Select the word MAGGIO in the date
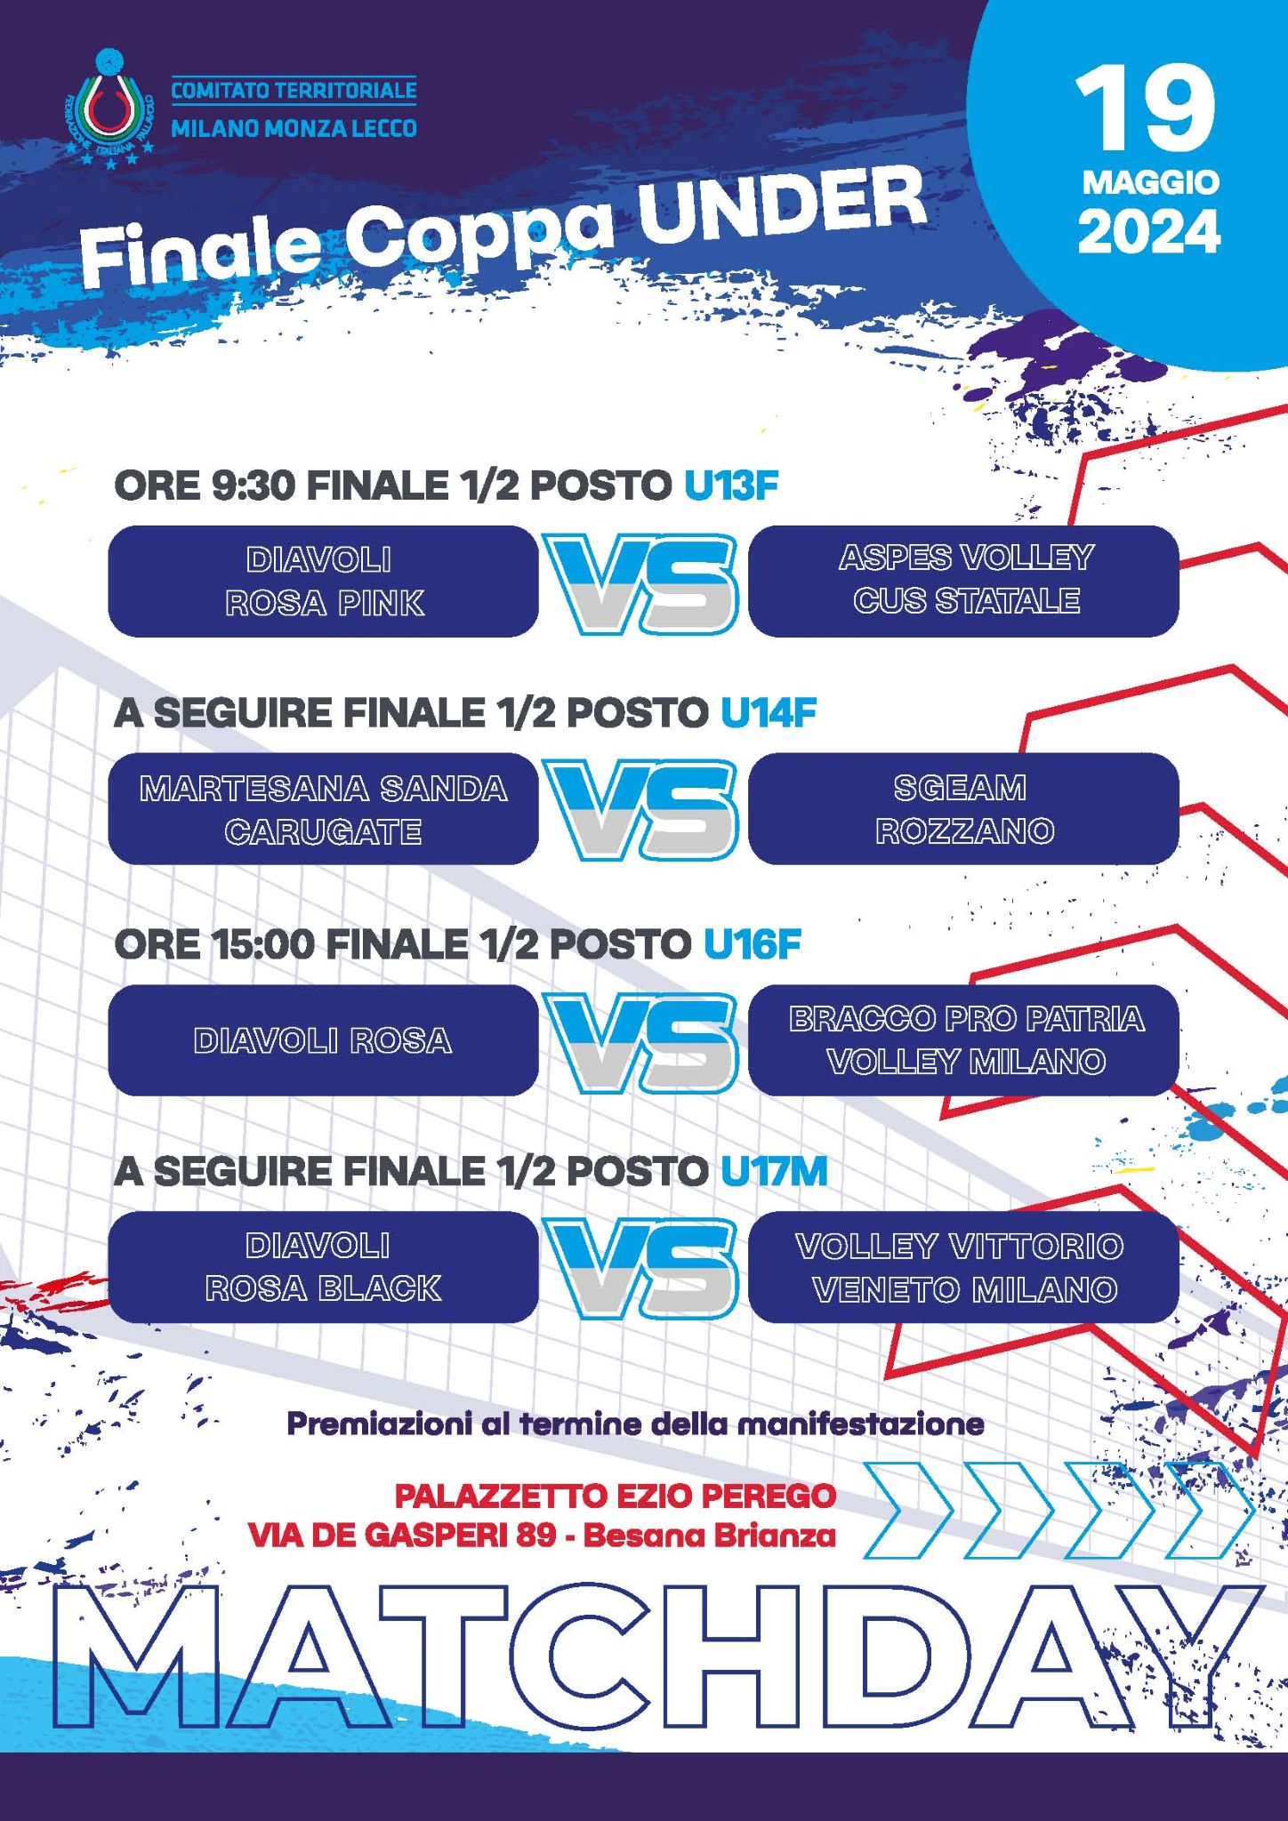point(1151,182)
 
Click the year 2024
point(1149,232)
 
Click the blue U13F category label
point(731,485)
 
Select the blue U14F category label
point(769,713)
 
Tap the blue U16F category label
point(753,944)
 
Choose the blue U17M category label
point(774,1172)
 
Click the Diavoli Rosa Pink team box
point(323,582)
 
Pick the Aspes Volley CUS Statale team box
point(963,582)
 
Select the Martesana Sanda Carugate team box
point(323,809)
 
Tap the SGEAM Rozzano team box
point(963,809)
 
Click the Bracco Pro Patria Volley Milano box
point(963,1040)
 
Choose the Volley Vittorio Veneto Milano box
point(963,1268)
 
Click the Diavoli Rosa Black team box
point(323,1268)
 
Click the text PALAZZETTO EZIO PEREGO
point(615,1496)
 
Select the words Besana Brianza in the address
point(710,1536)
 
